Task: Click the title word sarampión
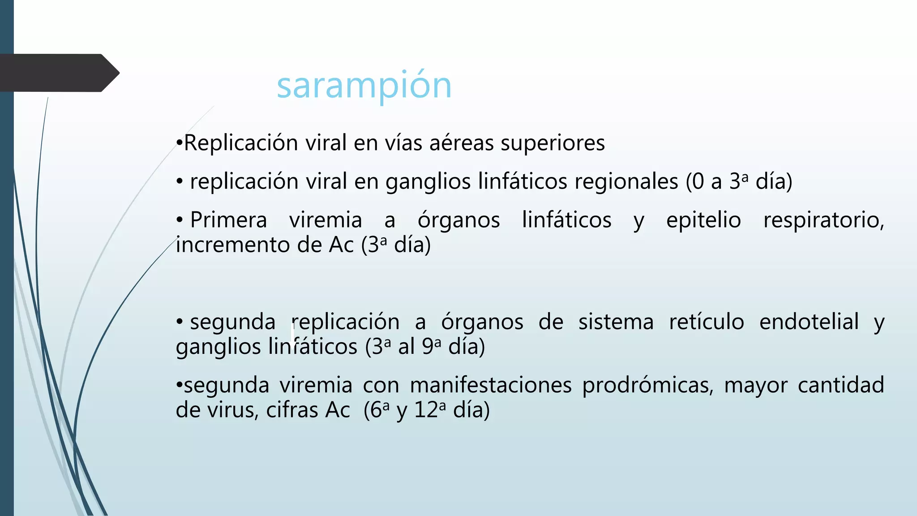coord(364,86)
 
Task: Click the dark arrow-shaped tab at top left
coord(58,73)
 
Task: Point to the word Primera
coord(228,220)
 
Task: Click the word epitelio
coord(703,220)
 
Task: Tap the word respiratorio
coord(823,220)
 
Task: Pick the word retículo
coord(707,322)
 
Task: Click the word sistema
coord(616,322)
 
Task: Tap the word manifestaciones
coord(491,385)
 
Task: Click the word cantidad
coord(840,385)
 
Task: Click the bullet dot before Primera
coord(180,220)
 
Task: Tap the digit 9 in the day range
coord(428,347)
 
